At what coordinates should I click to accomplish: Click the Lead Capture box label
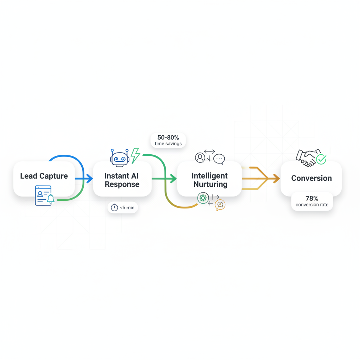coord(44,176)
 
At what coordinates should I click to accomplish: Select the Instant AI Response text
coord(122,180)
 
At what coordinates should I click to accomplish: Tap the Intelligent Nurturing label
coord(210,180)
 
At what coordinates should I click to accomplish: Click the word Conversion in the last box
coord(311,178)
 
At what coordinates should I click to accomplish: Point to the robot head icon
coord(120,158)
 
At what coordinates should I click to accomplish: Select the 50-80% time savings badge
coord(168,140)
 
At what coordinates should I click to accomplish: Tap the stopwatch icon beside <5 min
coord(114,207)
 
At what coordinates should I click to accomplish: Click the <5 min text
coord(127,207)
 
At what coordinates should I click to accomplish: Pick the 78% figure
coord(311,199)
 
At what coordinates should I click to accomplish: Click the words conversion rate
coord(311,205)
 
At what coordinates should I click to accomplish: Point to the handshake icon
coord(306,157)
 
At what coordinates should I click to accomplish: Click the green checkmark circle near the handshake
coord(321,159)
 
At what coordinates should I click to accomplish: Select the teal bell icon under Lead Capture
coord(51,199)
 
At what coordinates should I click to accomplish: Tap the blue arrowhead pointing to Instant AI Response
coord(90,179)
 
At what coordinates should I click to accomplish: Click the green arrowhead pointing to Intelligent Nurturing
coord(173,179)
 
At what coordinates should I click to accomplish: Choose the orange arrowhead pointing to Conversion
coord(276,179)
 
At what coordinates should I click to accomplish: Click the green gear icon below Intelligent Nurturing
coord(203,198)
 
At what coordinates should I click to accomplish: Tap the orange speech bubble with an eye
coord(220,205)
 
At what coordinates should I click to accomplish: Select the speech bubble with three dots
coord(219,159)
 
